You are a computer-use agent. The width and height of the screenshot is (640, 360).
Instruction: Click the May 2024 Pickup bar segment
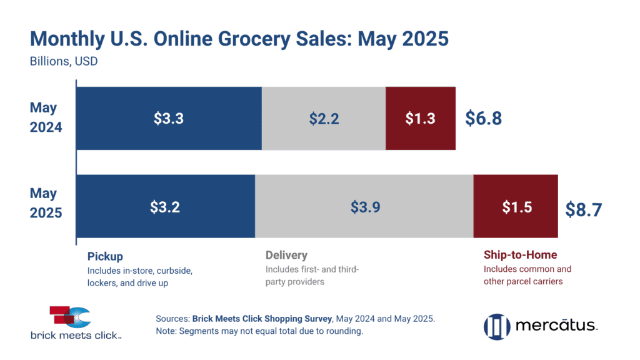click(169, 118)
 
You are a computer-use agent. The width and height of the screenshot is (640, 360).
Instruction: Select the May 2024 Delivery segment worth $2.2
click(324, 118)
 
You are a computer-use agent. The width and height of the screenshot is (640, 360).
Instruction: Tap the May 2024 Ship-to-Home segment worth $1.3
click(421, 118)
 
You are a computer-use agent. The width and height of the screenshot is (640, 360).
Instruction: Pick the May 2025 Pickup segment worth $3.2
click(166, 207)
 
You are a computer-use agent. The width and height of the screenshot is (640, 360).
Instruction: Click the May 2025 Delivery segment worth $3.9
click(364, 207)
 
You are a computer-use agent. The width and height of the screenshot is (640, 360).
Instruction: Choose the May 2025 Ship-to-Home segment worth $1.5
click(516, 207)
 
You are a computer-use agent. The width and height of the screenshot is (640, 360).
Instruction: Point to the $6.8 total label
click(483, 119)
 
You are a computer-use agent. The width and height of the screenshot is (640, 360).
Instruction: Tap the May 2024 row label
click(46, 117)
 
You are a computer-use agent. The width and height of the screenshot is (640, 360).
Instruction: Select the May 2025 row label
click(46, 204)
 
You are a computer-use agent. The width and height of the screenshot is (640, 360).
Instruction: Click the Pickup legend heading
click(105, 256)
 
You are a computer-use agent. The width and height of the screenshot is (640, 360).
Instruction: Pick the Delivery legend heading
click(287, 255)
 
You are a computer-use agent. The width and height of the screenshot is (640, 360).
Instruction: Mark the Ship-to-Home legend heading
click(520, 255)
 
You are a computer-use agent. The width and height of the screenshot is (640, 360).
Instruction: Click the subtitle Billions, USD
click(64, 62)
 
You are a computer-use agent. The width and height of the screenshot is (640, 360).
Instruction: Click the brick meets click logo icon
click(70, 317)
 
